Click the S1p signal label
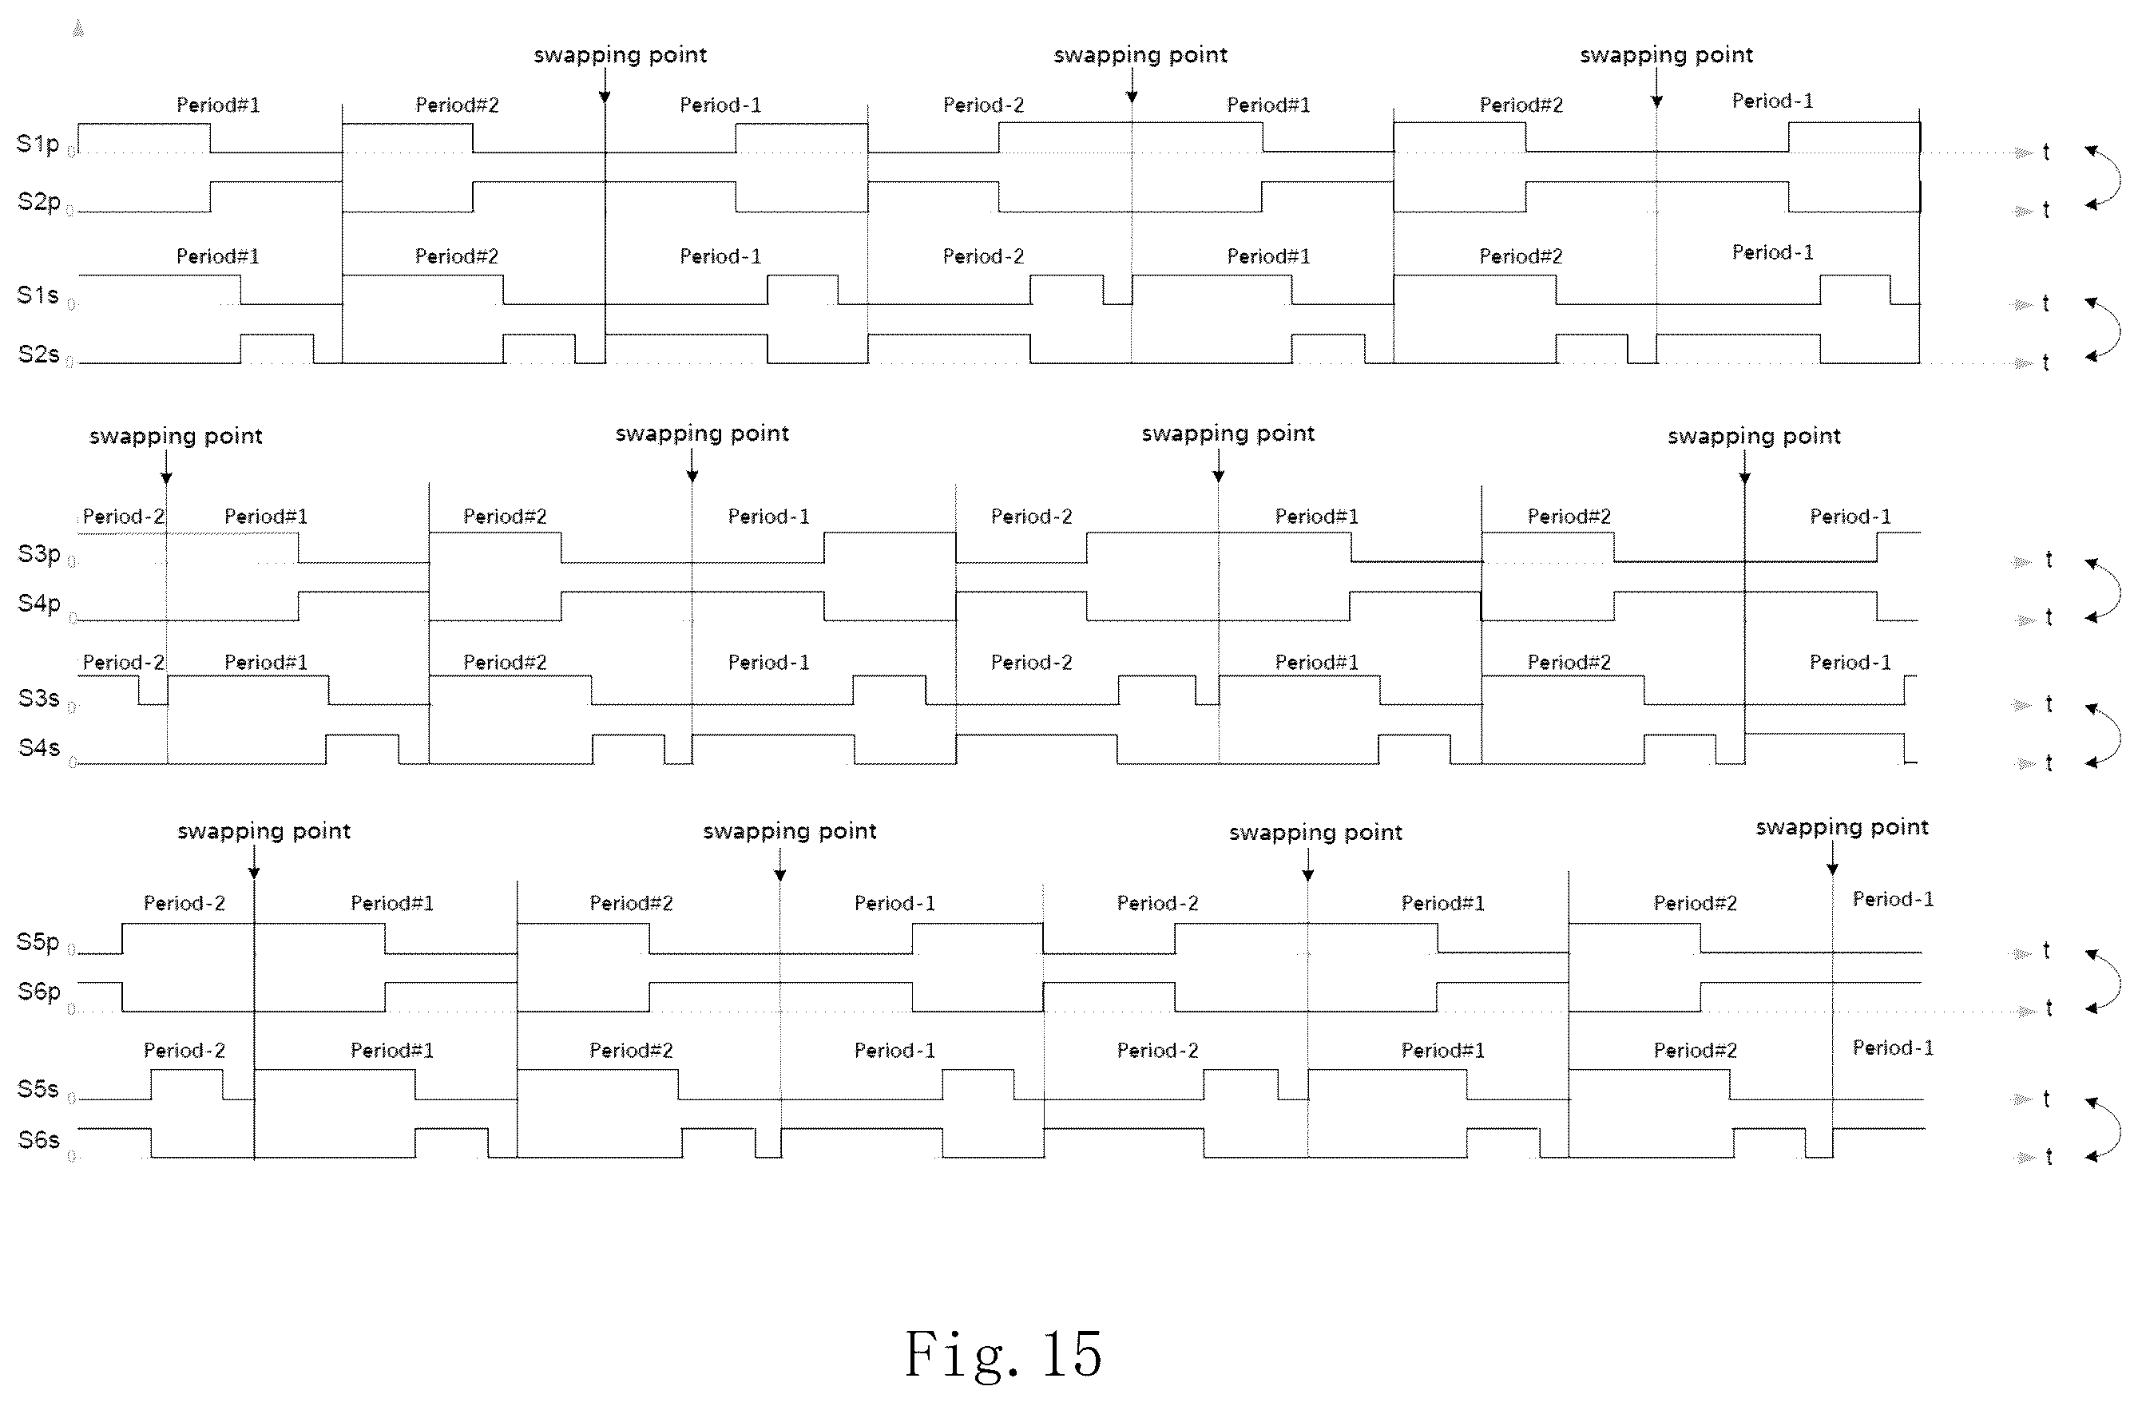tap(38, 144)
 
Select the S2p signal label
tap(38, 202)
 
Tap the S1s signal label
tap(38, 295)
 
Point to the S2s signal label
tap(38, 354)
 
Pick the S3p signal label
tap(39, 554)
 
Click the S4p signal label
tap(39, 604)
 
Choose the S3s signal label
tap(38, 698)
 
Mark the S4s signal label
tap(38, 747)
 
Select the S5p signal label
tap(38, 942)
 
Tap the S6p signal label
tap(39, 992)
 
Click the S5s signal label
tap(38, 1090)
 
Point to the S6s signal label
tap(38, 1140)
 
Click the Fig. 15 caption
tap(1003, 1354)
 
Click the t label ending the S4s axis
tap(2049, 762)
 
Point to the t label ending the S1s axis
tap(2046, 303)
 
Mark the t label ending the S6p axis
tap(2049, 1008)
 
